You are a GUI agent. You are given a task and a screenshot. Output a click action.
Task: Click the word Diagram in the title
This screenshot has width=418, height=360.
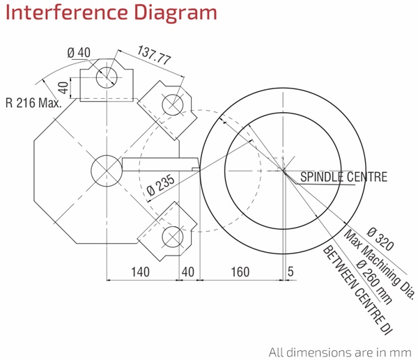point(176,13)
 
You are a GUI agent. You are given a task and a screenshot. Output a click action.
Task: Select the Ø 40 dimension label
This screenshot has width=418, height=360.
point(79,53)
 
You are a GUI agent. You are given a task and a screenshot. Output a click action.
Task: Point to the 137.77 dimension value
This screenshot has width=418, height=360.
point(154,55)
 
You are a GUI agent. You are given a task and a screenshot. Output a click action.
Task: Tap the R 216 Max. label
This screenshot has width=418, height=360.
point(33,102)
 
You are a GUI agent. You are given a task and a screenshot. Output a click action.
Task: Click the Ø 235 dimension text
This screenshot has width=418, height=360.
point(161,185)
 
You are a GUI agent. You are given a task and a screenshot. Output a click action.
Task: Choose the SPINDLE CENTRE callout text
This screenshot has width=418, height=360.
point(343,177)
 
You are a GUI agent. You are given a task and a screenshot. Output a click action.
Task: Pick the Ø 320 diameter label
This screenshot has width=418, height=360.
point(380,239)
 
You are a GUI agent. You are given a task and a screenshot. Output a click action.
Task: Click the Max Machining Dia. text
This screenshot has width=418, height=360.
point(380,264)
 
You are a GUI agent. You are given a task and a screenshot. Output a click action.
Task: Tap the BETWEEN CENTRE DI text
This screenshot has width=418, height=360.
point(357,290)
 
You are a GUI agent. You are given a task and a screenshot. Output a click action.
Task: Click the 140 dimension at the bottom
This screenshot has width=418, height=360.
point(140,272)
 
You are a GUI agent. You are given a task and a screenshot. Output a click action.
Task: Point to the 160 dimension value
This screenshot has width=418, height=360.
point(240,272)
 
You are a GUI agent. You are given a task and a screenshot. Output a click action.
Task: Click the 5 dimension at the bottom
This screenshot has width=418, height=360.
point(291,272)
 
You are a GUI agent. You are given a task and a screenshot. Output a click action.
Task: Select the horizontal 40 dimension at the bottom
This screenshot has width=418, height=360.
point(188,272)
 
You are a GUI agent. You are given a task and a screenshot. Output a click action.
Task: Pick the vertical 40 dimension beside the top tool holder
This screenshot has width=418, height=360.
point(63,88)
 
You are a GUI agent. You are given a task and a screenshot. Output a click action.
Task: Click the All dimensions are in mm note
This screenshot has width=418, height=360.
point(340,352)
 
